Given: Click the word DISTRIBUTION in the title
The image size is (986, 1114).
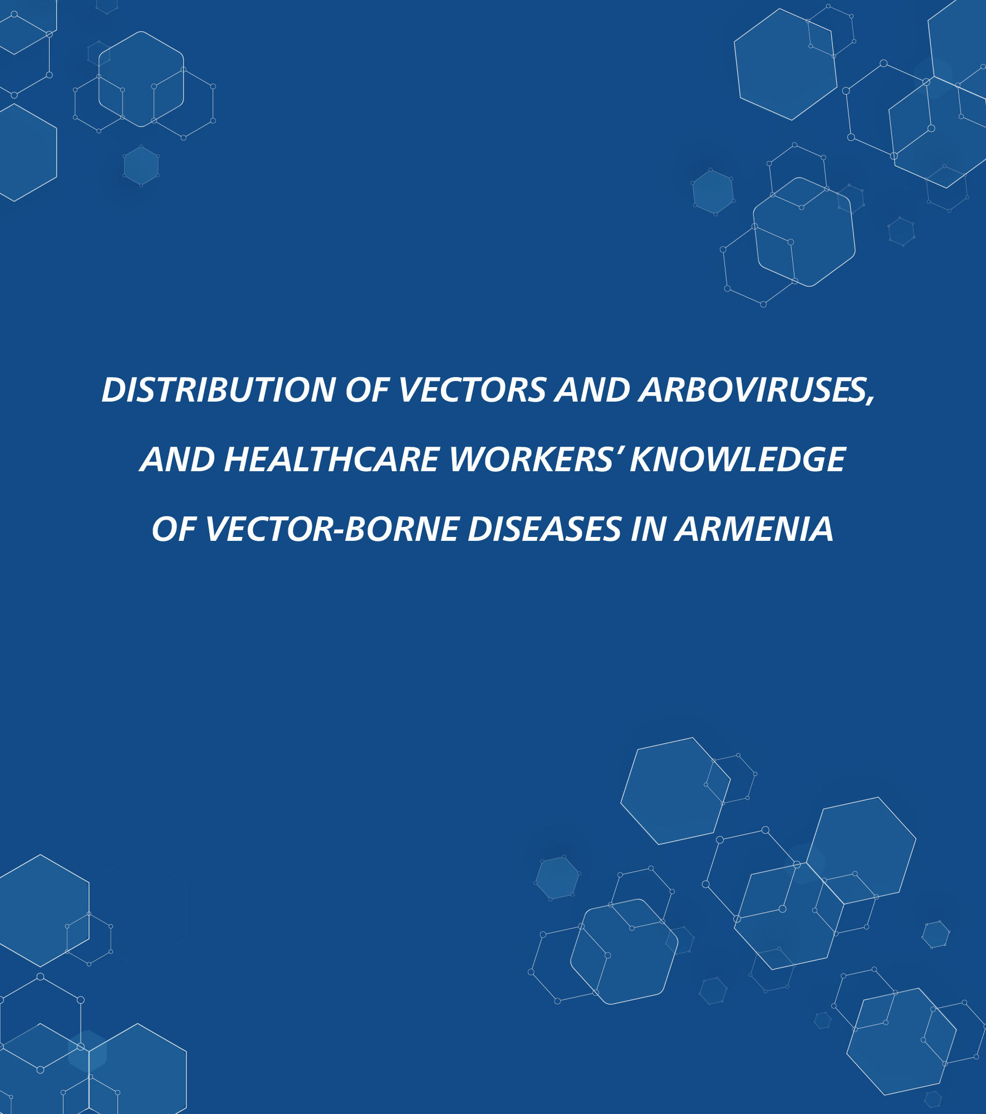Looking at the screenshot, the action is [x=219, y=390].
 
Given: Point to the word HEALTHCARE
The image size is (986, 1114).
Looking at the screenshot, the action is [x=332, y=460].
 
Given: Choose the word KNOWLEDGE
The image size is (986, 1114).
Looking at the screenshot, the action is [x=738, y=460].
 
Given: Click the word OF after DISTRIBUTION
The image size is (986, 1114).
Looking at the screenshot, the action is [x=367, y=390].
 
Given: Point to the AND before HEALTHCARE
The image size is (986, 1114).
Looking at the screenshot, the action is [x=178, y=460].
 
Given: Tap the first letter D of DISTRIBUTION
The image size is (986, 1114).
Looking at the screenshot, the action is [x=115, y=390].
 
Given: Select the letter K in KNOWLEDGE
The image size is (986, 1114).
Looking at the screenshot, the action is [x=642, y=460].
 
